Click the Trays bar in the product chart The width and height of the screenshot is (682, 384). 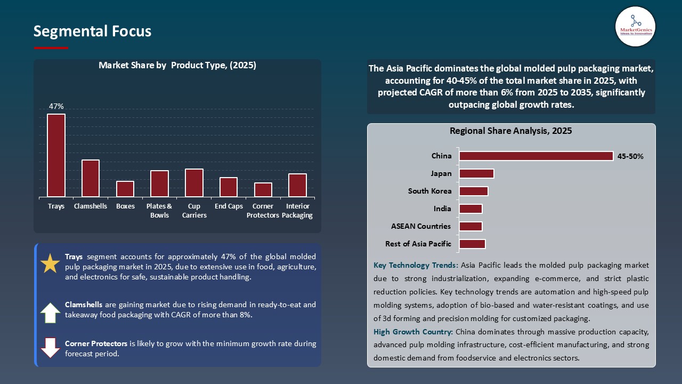56,155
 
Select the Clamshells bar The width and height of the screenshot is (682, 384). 91,178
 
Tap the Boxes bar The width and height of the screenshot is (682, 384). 125,189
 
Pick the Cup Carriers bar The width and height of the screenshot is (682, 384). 194,182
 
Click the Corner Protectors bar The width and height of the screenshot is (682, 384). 263,190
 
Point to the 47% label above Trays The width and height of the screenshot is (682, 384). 56,107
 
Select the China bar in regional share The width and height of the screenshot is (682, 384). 536,156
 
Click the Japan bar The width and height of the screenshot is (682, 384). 476,173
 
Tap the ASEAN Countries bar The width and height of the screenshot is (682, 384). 470,226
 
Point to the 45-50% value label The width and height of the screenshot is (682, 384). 630,157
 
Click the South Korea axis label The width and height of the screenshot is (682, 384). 429,191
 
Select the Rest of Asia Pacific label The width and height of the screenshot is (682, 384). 418,244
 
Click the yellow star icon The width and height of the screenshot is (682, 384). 51,264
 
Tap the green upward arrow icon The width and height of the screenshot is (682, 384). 51,313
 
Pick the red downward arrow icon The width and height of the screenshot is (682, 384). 51,348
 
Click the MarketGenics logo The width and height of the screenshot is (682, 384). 635,26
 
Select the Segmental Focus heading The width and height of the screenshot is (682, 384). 92,31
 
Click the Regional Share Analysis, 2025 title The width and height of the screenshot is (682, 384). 510,131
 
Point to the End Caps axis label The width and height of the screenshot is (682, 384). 229,206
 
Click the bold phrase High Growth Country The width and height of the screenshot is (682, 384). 413,332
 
